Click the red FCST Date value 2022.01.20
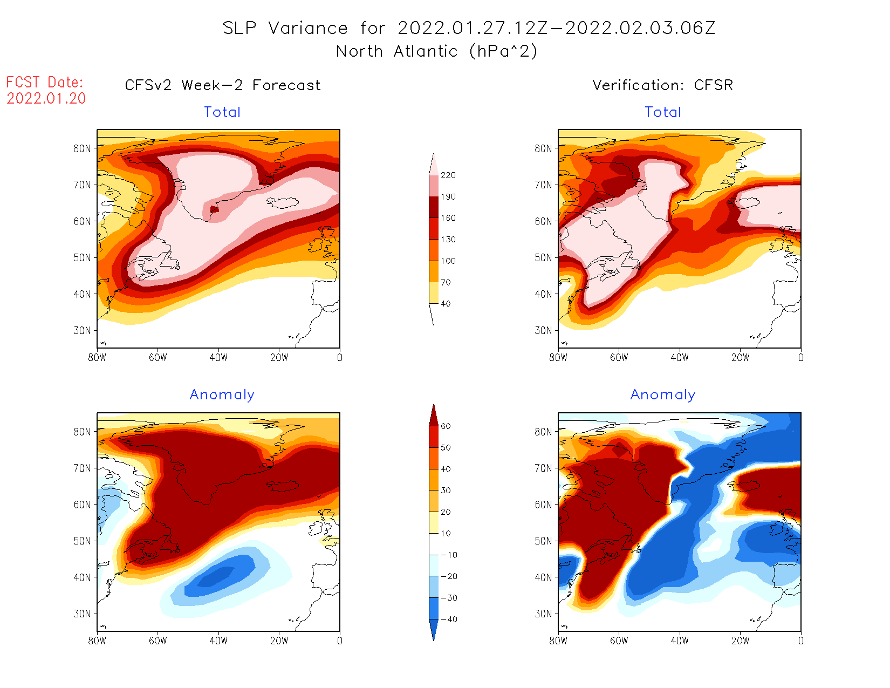(46, 98)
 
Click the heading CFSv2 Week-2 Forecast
(222, 85)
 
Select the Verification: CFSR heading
(662, 85)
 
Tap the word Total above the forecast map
(222, 112)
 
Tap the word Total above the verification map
(663, 112)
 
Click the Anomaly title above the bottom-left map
(222, 395)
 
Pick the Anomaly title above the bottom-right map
(663, 395)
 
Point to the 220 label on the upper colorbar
(448, 175)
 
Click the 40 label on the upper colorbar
(446, 304)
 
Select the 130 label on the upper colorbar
(448, 240)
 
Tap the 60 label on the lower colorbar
(446, 426)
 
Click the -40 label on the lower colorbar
(449, 619)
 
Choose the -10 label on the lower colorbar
(449, 555)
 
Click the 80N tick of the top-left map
(82, 148)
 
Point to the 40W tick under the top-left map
(218, 357)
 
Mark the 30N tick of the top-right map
(543, 330)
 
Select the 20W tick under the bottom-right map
(740, 641)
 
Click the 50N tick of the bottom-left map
(82, 541)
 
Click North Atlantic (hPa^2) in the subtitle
(436, 51)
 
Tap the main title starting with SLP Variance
(469, 28)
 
